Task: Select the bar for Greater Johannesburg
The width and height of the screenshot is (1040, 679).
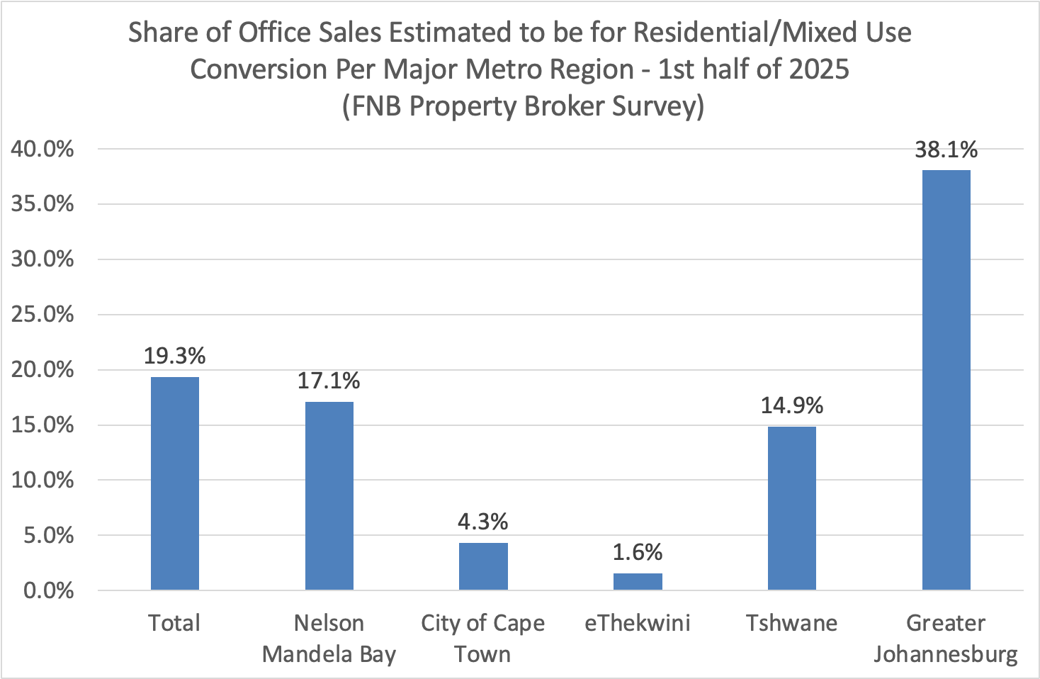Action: tap(946, 380)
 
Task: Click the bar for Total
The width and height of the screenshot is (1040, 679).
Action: tap(175, 483)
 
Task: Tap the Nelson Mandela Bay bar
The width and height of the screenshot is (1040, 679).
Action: tap(329, 495)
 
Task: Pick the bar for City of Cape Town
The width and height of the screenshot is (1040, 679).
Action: tap(483, 566)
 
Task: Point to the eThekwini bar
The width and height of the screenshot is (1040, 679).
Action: tap(638, 581)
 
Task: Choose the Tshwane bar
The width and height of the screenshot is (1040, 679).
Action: tap(792, 508)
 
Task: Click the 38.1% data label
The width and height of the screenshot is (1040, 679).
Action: tap(946, 150)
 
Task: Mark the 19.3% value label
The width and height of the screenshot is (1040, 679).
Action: tap(175, 356)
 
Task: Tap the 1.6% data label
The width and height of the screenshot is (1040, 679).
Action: tap(638, 552)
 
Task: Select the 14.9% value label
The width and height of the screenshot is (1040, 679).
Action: tap(792, 405)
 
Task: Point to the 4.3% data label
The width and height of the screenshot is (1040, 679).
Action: tap(483, 522)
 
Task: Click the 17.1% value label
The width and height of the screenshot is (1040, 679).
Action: tap(329, 381)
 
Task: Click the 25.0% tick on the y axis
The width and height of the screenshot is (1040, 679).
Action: tap(43, 315)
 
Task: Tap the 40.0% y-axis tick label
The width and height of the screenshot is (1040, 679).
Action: tap(43, 149)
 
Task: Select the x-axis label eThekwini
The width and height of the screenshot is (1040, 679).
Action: tap(638, 623)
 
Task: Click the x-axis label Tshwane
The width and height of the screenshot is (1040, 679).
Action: tap(792, 623)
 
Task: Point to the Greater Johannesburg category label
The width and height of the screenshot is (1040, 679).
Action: tap(946, 638)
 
